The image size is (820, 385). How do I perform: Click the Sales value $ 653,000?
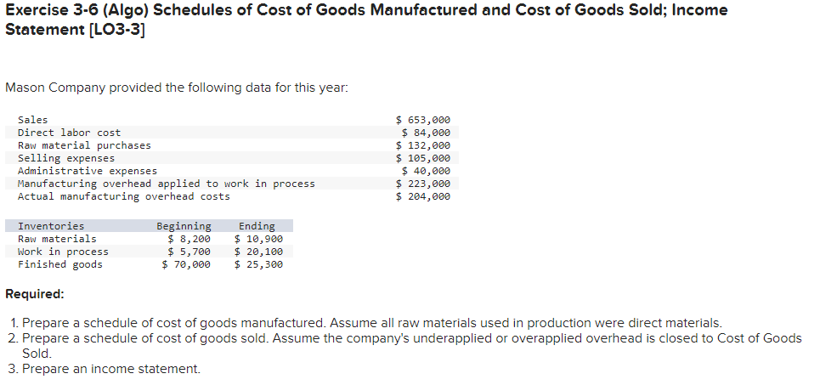(423, 120)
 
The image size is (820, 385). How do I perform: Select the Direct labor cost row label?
(69, 133)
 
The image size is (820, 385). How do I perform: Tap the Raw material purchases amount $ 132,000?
(423, 145)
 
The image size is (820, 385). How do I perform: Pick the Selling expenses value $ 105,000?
(423, 158)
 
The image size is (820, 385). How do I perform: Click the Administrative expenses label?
(87, 171)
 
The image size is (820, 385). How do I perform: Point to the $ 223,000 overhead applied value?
(423, 184)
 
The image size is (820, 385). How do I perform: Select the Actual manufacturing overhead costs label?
(123, 196)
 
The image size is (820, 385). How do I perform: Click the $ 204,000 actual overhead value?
(423, 196)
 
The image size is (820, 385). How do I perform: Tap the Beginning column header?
(184, 226)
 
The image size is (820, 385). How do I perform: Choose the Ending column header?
(257, 226)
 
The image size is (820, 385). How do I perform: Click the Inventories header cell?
(51, 226)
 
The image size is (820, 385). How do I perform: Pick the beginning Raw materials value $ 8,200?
(189, 239)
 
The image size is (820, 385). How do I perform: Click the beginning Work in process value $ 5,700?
(189, 252)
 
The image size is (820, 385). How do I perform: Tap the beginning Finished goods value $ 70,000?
(186, 264)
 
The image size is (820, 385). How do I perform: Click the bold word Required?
(34, 294)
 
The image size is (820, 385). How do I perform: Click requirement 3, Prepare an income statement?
(111, 369)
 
